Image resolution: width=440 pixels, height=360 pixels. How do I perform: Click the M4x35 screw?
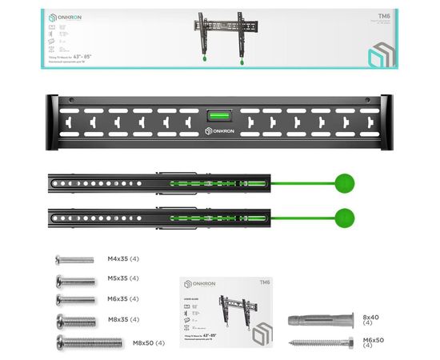click(x=74, y=260)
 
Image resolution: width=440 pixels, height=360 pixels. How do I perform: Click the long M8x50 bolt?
click(x=88, y=342)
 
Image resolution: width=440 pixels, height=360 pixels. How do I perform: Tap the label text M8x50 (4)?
click(x=149, y=343)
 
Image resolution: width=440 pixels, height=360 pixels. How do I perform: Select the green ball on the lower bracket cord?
click(x=345, y=216)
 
